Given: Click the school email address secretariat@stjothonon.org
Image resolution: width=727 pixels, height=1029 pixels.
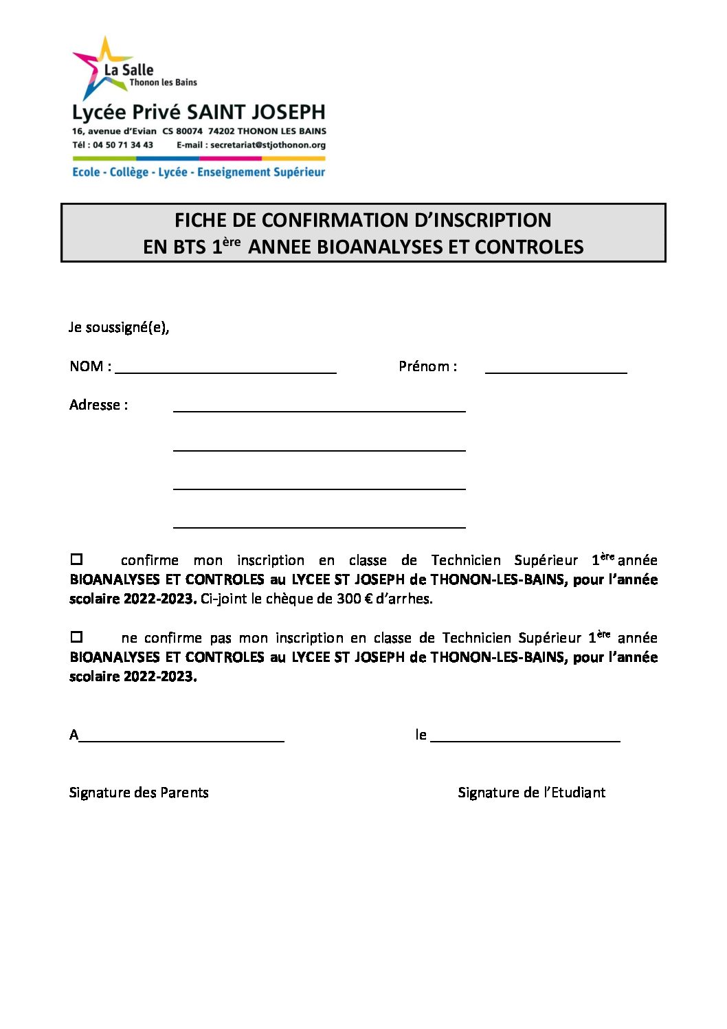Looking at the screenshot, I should point(268,145).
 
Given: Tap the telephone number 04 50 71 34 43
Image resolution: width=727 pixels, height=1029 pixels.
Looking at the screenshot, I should point(123,145).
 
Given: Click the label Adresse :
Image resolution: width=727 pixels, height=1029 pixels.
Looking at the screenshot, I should point(98,405).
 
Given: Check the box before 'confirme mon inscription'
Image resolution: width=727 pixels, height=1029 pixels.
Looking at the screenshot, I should point(77,560).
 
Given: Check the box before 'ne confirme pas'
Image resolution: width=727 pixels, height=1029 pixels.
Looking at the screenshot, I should point(77,637).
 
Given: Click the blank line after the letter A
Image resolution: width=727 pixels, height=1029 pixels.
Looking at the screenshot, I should point(181,739).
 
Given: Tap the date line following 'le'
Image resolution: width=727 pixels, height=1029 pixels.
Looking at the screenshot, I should point(525,739).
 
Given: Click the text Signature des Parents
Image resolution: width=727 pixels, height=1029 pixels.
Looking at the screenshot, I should point(139,793).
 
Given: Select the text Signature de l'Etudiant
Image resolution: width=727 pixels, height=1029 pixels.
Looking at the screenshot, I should point(532,793).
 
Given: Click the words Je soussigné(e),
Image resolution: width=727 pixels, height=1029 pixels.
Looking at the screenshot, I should point(119,327).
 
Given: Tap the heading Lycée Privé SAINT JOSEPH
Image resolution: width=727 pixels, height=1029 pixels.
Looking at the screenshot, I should point(199,112).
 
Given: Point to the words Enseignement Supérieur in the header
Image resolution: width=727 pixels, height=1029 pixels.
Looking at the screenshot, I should point(261,172).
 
